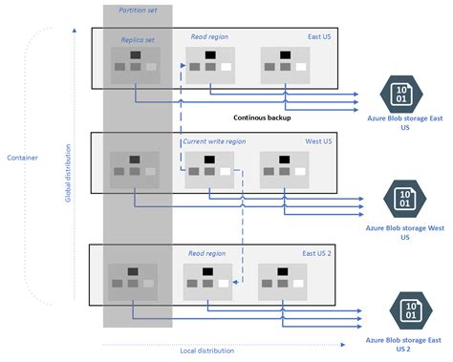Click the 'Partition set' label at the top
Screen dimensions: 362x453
137,10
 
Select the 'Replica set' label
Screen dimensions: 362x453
138,40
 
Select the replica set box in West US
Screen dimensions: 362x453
135,167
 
